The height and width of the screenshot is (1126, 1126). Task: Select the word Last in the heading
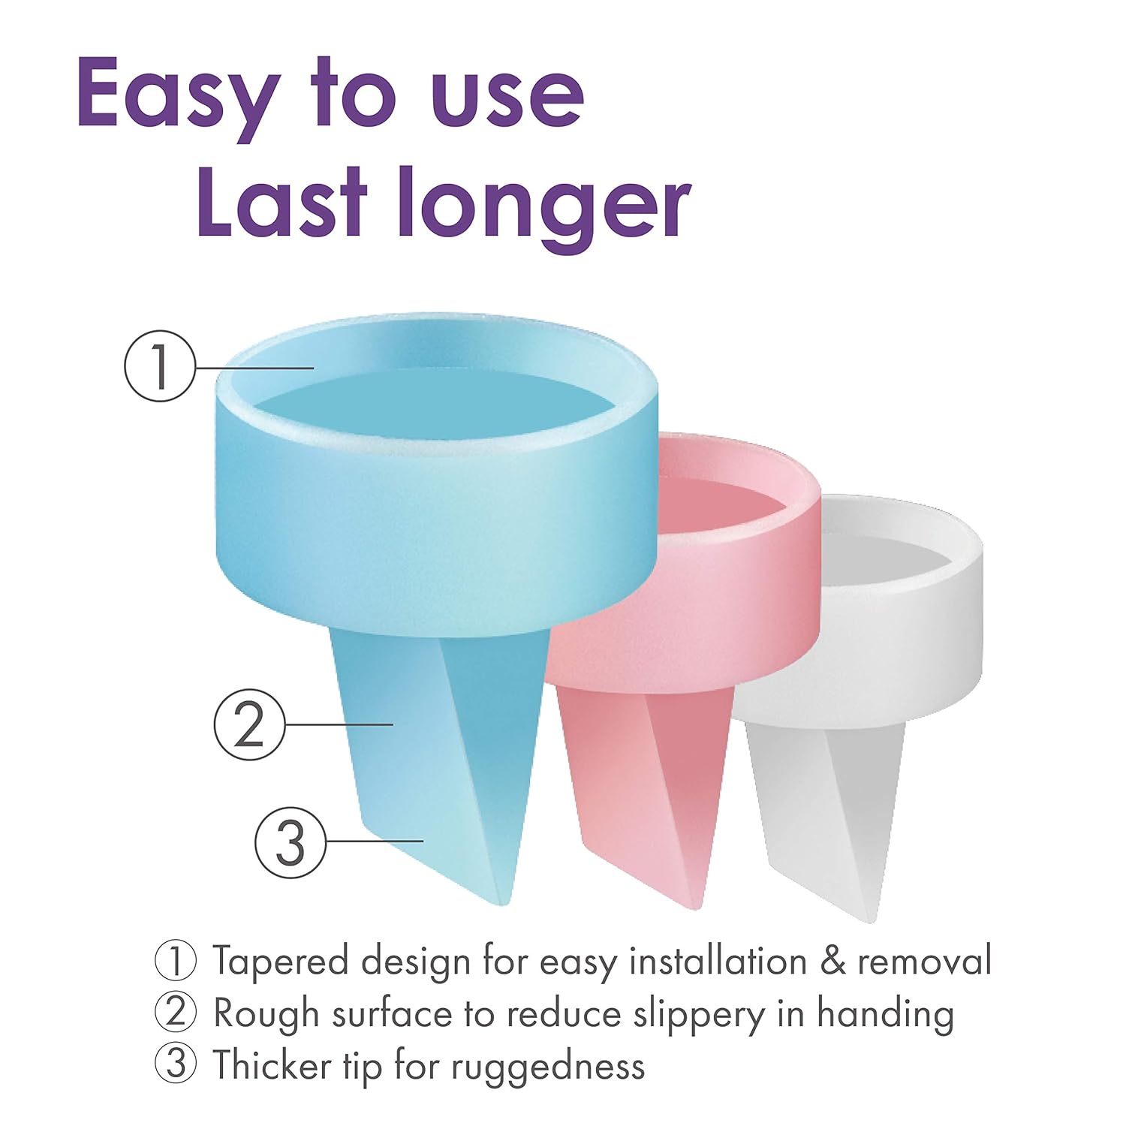(x=285, y=199)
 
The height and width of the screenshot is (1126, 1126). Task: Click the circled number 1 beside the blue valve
(x=160, y=366)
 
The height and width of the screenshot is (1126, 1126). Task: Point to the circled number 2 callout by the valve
(x=250, y=724)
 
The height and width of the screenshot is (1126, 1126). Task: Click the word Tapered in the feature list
(x=281, y=962)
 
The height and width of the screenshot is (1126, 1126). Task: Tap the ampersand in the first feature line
(x=832, y=962)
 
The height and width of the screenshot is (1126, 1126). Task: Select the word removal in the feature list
(x=925, y=961)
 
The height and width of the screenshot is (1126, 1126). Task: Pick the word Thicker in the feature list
(x=272, y=1065)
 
